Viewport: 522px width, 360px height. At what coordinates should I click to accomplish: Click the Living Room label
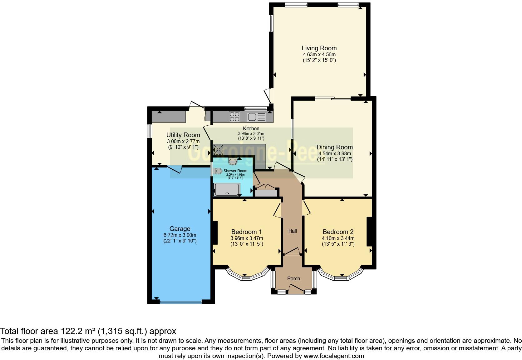coord(319,48)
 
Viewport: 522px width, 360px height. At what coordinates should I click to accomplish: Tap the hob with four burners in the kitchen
coord(235,117)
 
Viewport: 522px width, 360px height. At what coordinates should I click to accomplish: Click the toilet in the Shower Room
coord(218,171)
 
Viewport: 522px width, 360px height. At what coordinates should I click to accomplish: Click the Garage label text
coord(180,229)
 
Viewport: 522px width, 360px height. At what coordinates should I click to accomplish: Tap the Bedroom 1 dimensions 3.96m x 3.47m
coord(247,238)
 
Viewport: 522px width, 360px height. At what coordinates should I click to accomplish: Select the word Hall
coord(293,231)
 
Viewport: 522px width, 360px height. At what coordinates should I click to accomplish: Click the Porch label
coord(293,278)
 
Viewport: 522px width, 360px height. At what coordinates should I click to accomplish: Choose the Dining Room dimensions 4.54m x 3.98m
coord(335,153)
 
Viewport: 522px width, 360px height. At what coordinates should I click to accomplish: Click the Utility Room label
coord(183,135)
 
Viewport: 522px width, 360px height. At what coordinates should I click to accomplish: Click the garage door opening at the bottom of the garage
coord(181,302)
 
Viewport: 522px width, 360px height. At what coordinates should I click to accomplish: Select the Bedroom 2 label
coord(338,232)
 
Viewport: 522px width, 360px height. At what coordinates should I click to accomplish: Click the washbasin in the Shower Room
coord(233,162)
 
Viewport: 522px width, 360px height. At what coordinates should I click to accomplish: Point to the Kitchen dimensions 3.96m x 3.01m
coord(251,134)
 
